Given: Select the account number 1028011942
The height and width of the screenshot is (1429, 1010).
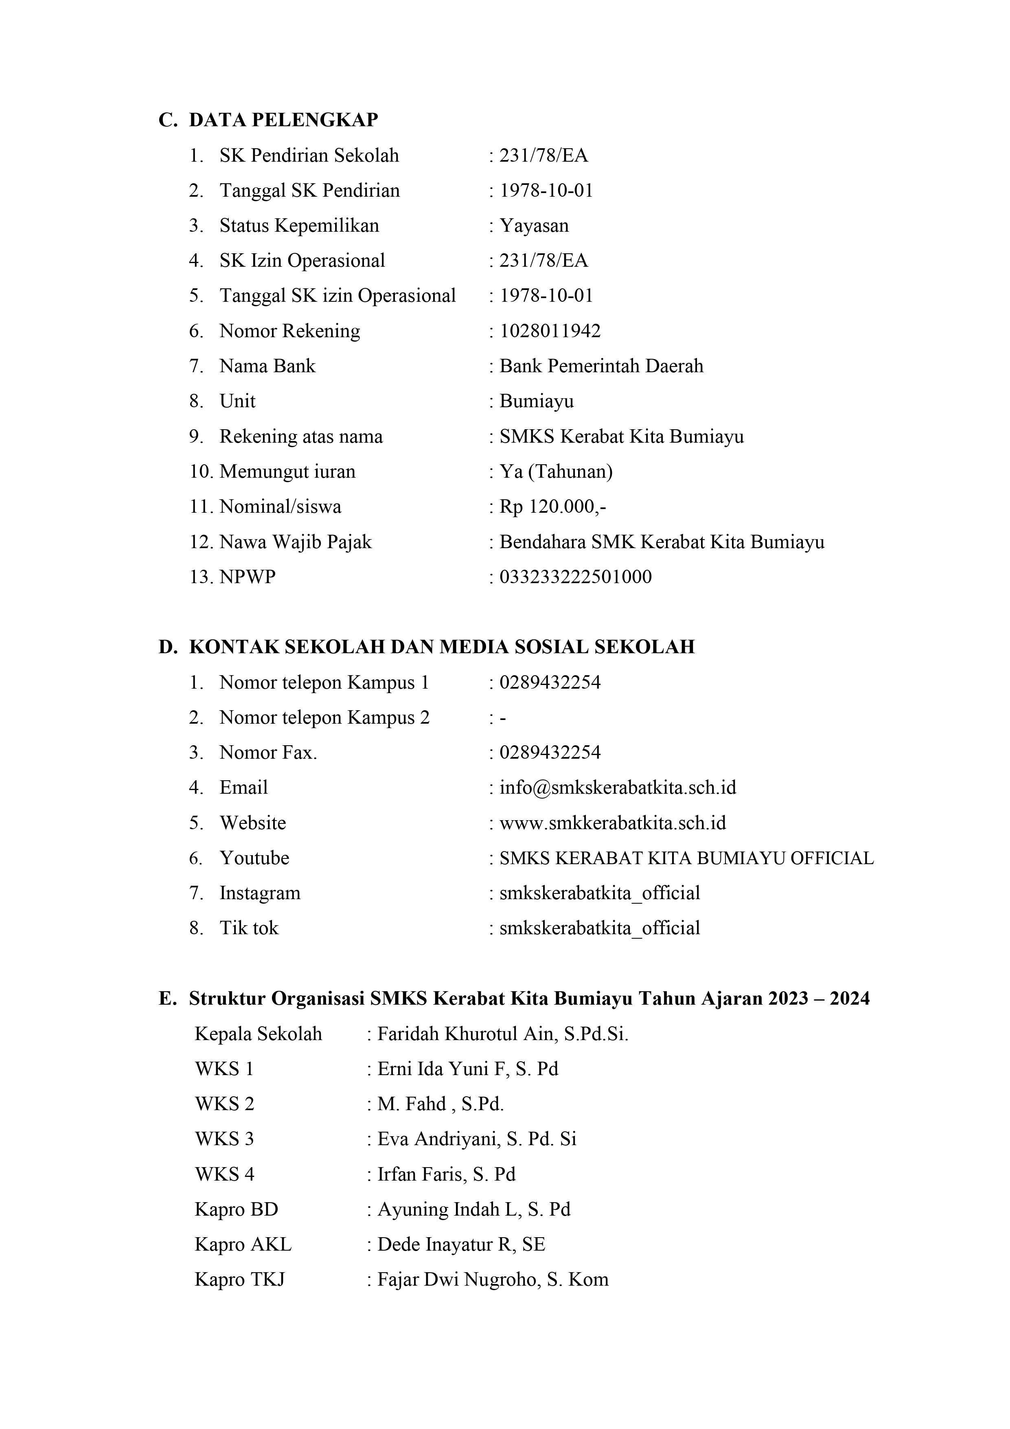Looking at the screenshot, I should click(x=550, y=331).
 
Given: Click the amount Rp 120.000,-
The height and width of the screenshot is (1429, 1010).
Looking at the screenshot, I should click(x=552, y=507).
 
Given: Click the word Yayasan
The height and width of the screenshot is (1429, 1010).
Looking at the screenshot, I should click(x=534, y=225).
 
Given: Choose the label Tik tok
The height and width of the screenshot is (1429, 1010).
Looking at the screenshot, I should click(x=249, y=928).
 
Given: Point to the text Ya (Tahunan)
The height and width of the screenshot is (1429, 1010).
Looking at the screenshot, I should click(x=556, y=471).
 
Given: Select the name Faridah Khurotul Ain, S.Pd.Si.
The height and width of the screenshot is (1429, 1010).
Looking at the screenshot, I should click(x=502, y=1034).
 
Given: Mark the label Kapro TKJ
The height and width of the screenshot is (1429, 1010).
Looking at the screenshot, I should click(x=240, y=1279).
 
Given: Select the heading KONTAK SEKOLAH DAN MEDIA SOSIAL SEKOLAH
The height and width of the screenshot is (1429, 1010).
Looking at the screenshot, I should click(x=441, y=647).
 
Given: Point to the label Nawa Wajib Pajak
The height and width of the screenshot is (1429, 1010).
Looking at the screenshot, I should click(x=295, y=542).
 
